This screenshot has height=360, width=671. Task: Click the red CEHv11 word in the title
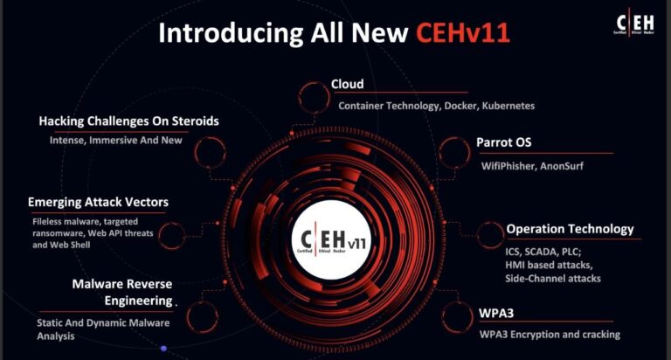[x=463, y=32]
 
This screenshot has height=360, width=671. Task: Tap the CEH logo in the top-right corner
[x=635, y=22]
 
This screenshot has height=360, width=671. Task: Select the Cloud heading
[x=347, y=84]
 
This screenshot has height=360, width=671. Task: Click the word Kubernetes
[x=508, y=106]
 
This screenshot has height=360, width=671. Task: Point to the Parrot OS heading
[x=503, y=142]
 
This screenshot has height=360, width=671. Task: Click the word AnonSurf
[x=562, y=166]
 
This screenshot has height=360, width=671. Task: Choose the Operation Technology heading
[x=570, y=229]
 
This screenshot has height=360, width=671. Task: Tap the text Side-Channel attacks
[x=553, y=279]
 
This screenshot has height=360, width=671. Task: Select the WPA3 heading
[x=496, y=314]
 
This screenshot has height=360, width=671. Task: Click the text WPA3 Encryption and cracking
[x=550, y=335]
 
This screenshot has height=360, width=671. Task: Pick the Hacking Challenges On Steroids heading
[x=128, y=121]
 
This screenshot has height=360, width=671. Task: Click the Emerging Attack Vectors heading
[x=98, y=202]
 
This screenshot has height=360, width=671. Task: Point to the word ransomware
[x=58, y=233]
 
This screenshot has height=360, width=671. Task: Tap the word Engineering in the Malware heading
[x=138, y=301]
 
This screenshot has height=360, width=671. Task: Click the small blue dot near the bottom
[x=163, y=349]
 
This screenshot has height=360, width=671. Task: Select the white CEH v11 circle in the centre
[x=332, y=239]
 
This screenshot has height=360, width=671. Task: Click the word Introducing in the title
[x=231, y=33]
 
